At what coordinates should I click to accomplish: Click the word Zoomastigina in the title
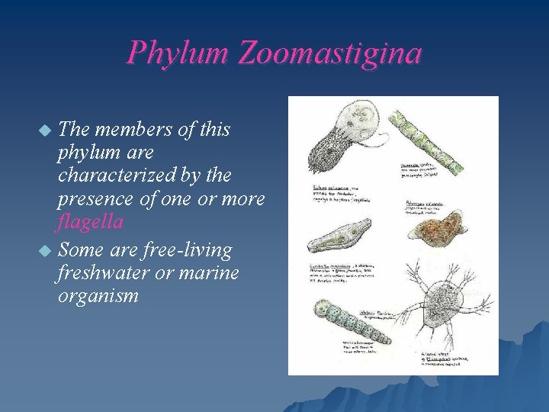pyautogui.click(x=329, y=53)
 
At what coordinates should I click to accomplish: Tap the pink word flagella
pyautogui.click(x=90, y=223)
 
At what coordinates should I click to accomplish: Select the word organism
pyautogui.click(x=98, y=295)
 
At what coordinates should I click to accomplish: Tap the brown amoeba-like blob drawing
pyautogui.click(x=435, y=228)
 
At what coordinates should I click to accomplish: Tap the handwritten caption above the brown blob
pyautogui.click(x=432, y=207)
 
